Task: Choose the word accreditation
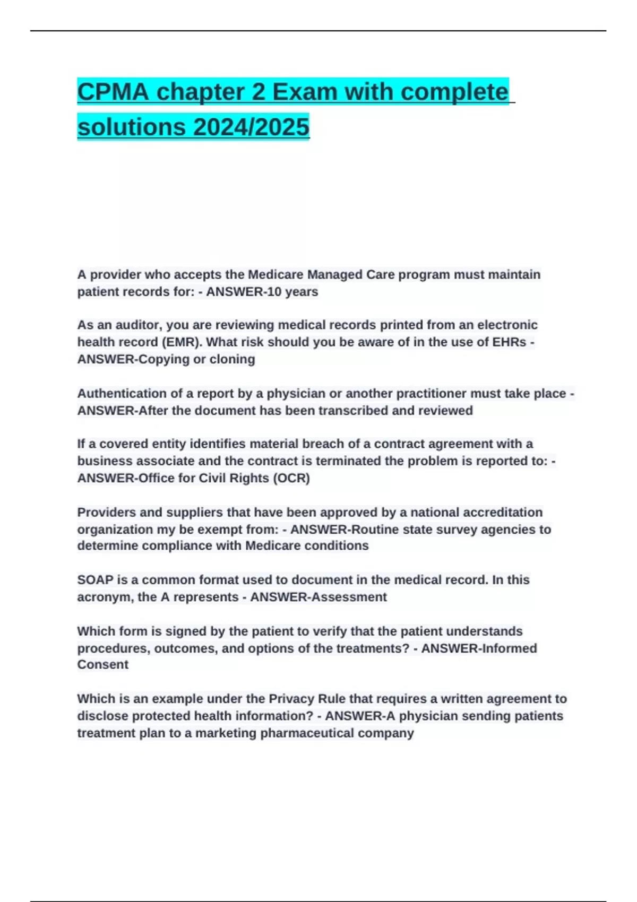(503, 513)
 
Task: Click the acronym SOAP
(95, 580)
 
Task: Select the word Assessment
(349, 597)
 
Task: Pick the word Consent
(103, 665)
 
